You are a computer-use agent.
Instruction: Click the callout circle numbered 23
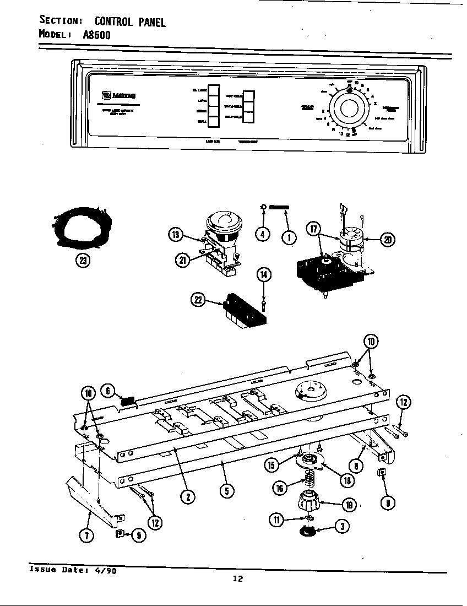coord(83,261)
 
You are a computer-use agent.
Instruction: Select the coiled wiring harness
coord(81,227)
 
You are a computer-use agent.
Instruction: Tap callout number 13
coord(175,235)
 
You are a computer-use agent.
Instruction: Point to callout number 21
coord(182,261)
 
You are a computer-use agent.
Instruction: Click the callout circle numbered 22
coord(197,300)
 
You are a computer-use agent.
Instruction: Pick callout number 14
coord(264,275)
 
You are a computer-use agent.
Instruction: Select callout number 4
coord(263,234)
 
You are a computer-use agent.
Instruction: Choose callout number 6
coord(108,391)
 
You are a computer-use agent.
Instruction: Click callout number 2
coord(188,496)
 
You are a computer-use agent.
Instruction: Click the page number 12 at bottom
coord(237,578)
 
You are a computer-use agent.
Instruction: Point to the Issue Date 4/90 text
coord(72,571)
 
